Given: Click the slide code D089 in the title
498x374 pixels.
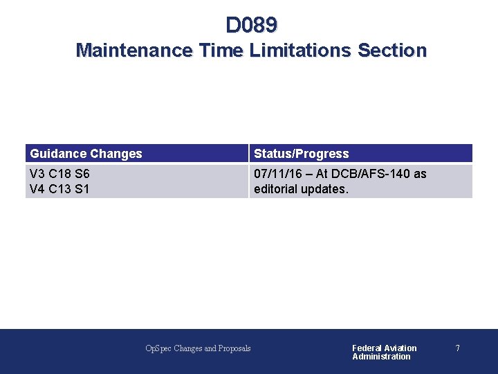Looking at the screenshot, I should click(x=251, y=25).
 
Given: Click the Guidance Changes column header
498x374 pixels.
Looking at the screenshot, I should click(x=86, y=154).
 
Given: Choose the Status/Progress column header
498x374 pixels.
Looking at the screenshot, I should click(x=301, y=154).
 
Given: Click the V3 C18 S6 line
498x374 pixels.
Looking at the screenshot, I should click(x=59, y=174).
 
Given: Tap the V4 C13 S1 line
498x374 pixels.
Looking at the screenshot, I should click(x=59, y=189).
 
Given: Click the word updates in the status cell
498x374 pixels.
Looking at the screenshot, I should click(x=326, y=189).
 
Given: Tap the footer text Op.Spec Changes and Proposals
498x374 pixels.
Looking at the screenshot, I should click(x=198, y=348).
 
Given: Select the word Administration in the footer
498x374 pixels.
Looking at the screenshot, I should click(x=381, y=357).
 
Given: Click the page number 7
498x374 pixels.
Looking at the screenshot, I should click(x=457, y=348).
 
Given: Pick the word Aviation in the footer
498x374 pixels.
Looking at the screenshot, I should click(x=401, y=348).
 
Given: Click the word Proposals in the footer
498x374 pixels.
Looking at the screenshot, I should click(x=235, y=348).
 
